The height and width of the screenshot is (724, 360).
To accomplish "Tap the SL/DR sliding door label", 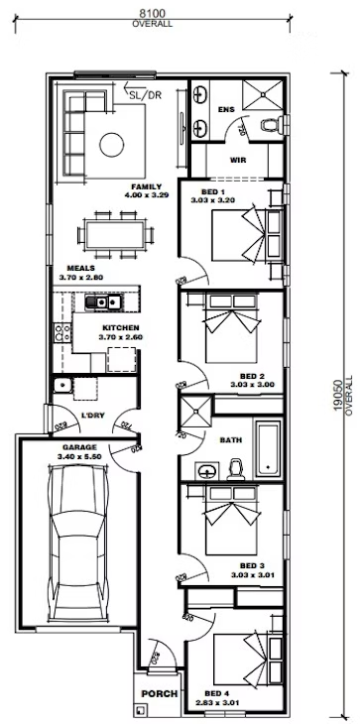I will click(x=144, y=95).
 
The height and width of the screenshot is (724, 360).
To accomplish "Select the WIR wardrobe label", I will click(x=238, y=159).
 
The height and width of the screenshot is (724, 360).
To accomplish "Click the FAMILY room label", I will click(x=146, y=186).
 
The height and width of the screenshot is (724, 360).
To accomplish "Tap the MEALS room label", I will click(x=81, y=269).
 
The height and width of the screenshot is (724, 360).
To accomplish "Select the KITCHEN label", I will click(x=121, y=327).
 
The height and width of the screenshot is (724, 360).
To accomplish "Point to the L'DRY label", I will click(x=94, y=418).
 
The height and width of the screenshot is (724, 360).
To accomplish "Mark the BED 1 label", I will click(x=213, y=190).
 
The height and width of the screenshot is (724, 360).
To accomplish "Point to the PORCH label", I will click(x=157, y=693).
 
